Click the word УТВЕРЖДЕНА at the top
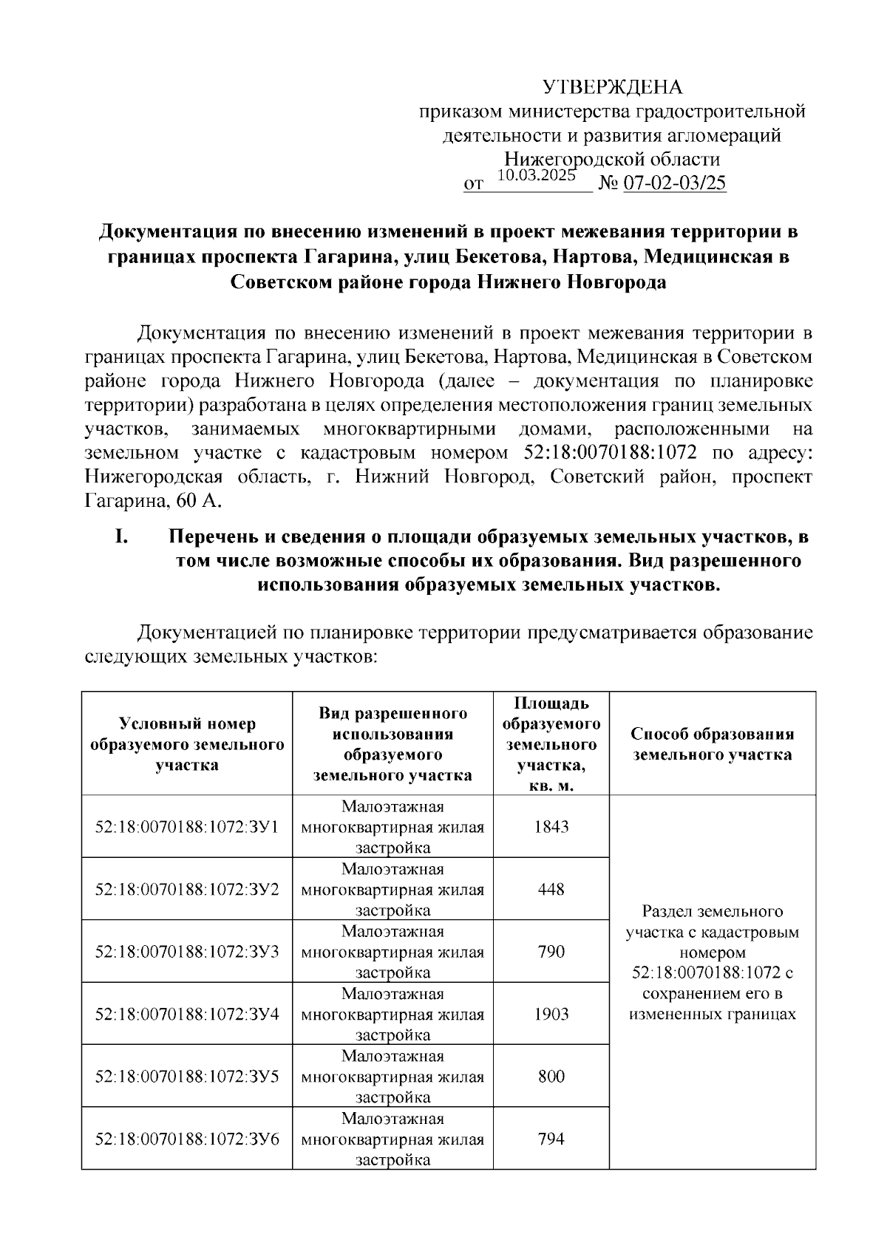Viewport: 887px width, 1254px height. point(613,87)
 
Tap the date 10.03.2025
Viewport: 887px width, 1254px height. point(536,176)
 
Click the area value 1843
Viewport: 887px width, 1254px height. point(551,827)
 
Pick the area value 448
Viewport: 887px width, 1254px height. point(551,889)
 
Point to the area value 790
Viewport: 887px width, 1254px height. point(551,951)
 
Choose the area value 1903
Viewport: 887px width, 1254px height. point(551,1014)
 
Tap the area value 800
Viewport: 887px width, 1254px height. point(551,1076)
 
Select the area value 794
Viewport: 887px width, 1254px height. point(551,1139)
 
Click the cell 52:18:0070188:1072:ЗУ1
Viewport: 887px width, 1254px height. point(187,827)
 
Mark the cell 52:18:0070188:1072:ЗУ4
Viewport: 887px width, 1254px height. point(187,1014)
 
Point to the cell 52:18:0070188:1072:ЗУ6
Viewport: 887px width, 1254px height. point(187,1139)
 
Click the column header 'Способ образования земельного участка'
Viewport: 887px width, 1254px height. point(712,744)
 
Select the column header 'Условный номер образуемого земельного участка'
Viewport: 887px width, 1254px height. point(187,744)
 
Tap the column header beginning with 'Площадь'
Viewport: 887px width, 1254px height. point(551,744)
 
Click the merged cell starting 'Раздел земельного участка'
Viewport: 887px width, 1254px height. point(712,962)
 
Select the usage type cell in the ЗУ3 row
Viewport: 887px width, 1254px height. point(392,951)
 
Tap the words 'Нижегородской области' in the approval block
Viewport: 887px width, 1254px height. point(612,159)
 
